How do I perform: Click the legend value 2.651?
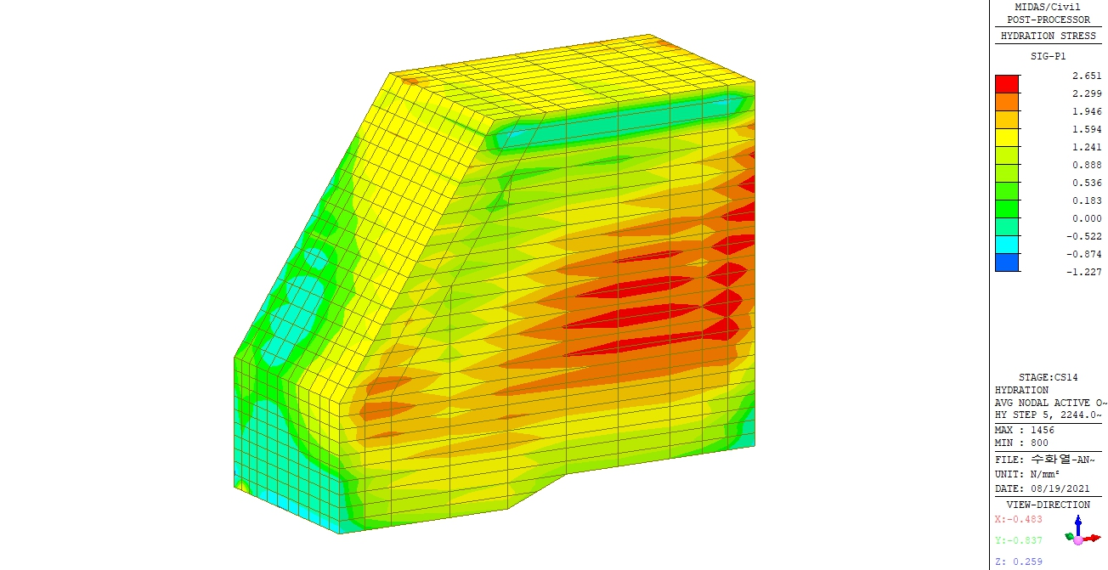point(1087,76)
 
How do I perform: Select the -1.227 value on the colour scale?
point(1083,272)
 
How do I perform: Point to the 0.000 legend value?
point(1087,218)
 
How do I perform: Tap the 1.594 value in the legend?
point(1087,129)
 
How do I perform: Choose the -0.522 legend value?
point(1083,236)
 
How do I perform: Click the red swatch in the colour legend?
point(1007,84)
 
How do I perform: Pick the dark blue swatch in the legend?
point(1007,262)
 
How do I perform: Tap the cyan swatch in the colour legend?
point(1007,245)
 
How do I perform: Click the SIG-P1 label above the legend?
point(1049,56)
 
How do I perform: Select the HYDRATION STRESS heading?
point(1049,36)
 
